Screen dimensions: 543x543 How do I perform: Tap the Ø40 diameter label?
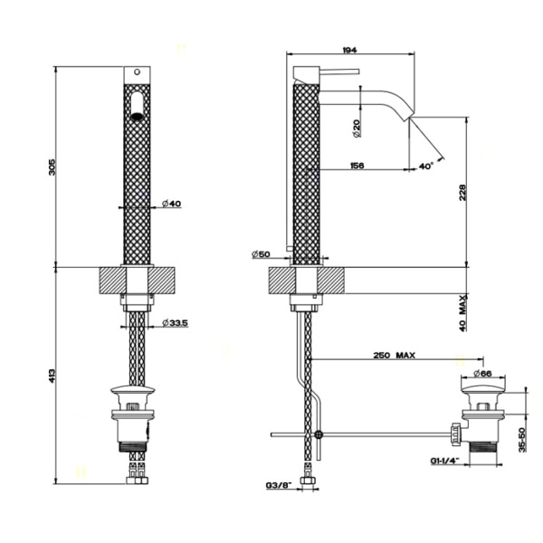click(172, 205)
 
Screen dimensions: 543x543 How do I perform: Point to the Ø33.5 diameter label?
click(176, 323)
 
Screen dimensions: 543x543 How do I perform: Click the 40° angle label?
click(426, 166)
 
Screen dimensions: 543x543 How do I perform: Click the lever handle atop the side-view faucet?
click(338, 71)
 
